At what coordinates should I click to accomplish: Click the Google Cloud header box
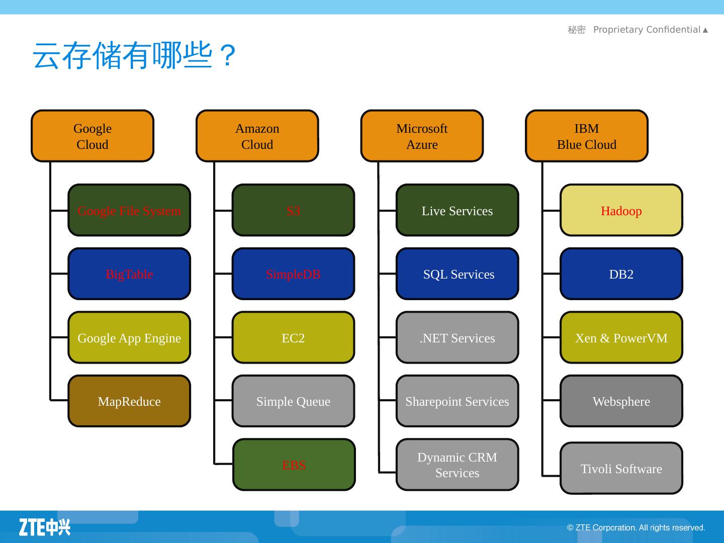tap(93, 136)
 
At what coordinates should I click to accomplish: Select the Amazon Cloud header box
tap(257, 136)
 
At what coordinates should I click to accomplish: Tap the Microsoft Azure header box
tap(422, 136)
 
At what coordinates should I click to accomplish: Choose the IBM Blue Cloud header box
tap(587, 136)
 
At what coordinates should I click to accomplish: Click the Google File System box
tap(129, 210)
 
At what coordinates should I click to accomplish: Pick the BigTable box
tap(129, 274)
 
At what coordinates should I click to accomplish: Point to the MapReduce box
tap(129, 401)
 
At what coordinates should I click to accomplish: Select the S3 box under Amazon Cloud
tap(293, 210)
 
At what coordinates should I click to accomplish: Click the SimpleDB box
tap(293, 274)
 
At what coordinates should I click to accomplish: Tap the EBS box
tap(294, 465)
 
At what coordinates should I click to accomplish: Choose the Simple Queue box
tap(293, 401)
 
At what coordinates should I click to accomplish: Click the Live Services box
tap(457, 210)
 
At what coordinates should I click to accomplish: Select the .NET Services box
tap(457, 337)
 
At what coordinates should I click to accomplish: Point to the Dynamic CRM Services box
tap(457, 465)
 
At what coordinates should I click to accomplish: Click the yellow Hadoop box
tap(621, 210)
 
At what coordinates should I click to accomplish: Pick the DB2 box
tap(621, 274)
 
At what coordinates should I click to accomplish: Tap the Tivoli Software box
tap(621, 468)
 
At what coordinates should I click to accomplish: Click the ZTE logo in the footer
tap(45, 527)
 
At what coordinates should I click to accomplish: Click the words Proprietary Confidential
tap(647, 30)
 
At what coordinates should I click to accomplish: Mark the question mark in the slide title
tap(228, 55)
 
